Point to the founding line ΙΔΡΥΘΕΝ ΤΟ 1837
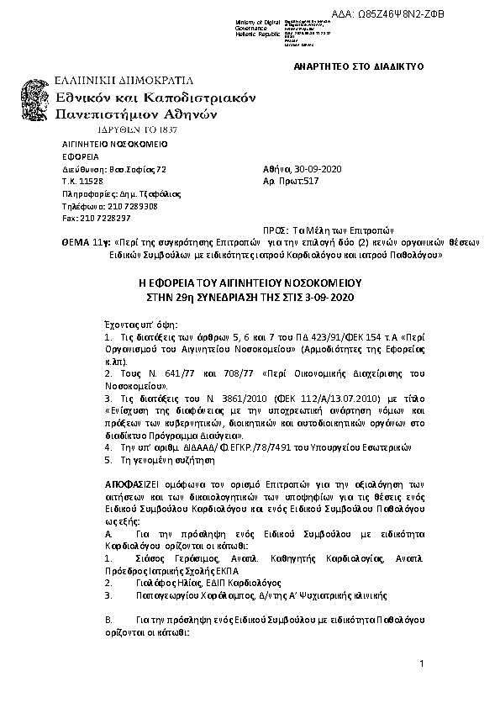[124, 130]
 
